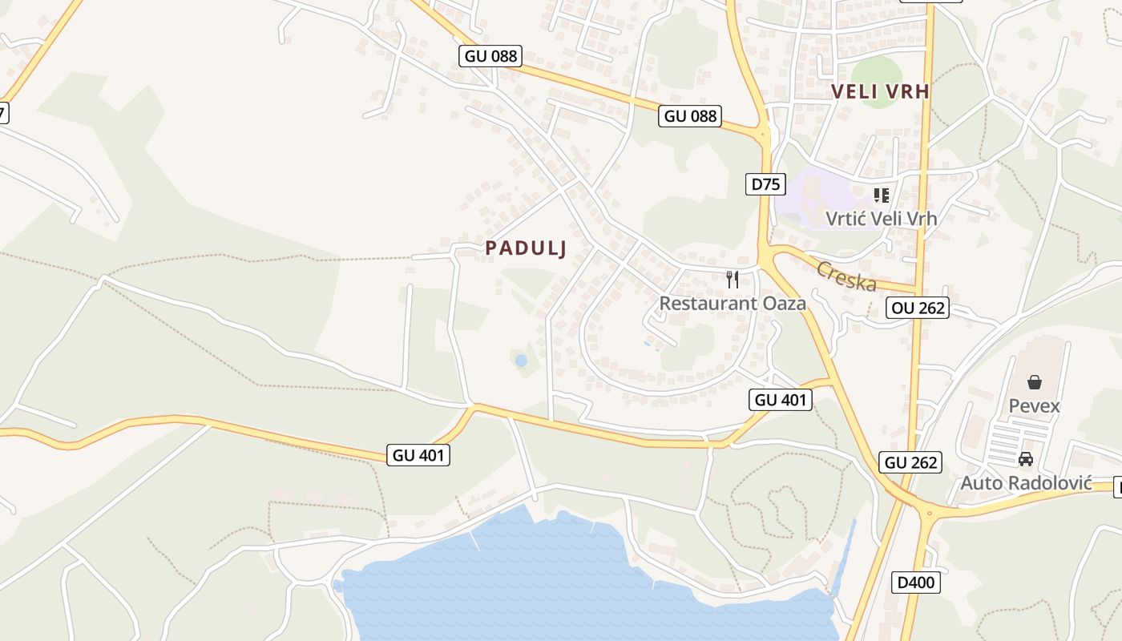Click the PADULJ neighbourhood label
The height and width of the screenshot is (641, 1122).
(526, 248)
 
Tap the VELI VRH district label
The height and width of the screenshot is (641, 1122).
(880, 91)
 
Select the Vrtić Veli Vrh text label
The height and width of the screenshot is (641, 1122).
(881, 217)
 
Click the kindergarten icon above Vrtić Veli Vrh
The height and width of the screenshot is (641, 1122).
(882, 195)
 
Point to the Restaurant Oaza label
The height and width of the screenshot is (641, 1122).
(733, 303)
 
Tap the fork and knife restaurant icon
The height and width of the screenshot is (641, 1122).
(733, 279)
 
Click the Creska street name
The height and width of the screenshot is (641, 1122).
(846, 276)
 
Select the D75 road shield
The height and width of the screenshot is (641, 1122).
(765, 183)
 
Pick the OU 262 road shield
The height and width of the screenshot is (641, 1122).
(918, 307)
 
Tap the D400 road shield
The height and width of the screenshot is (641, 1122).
(915, 582)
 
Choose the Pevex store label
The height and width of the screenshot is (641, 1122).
(1034, 405)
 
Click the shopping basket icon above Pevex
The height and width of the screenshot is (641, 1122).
(1035, 382)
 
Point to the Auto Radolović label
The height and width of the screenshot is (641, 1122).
(1026, 483)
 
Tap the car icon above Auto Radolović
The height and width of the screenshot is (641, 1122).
(1025, 460)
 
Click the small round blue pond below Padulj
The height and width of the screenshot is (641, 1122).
(521, 361)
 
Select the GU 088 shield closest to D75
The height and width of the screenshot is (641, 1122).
(690, 115)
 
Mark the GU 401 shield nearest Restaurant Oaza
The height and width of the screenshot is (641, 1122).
(781, 399)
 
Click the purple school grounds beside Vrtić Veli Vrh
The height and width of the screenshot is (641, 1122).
(809, 200)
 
